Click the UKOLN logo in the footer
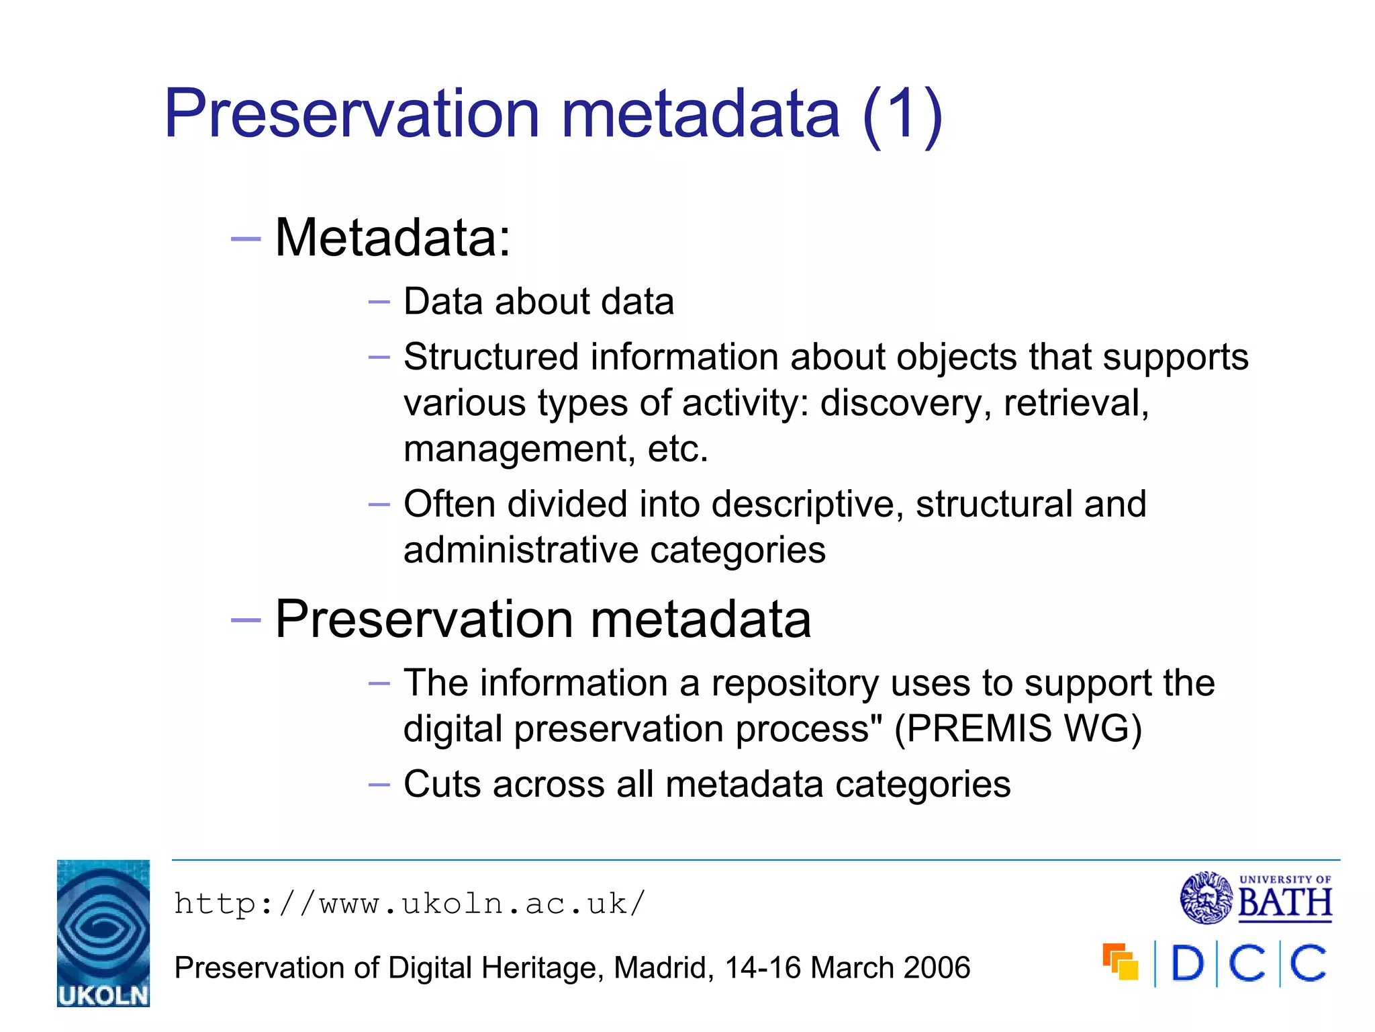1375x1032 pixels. click(x=103, y=933)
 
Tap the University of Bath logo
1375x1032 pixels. click(x=1256, y=898)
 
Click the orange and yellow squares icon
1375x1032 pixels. click(x=1120, y=961)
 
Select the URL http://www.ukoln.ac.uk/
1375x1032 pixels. click(x=410, y=904)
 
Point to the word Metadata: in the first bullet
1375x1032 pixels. click(x=393, y=238)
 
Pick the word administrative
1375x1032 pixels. click(x=521, y=550)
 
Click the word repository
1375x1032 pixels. click(x=795, y=683)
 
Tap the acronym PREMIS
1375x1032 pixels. click(x=973, y=729)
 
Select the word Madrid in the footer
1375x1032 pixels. click(x=664, y=968)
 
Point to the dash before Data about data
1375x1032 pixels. click(x=379, y=302)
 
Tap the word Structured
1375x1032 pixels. click(x=491, y=357)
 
